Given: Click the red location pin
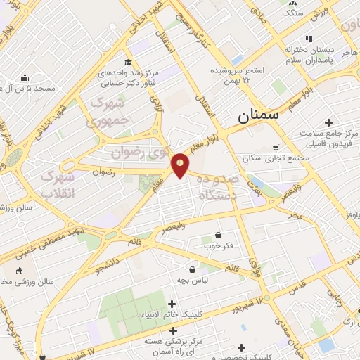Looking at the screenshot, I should (x=181, y=165).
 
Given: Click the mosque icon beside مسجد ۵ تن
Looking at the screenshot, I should (x=25, y=77).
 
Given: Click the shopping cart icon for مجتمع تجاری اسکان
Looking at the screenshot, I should (x=276, y=147).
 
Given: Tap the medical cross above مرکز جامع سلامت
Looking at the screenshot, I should (x=328, y=122).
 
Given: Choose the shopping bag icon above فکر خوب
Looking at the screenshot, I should (x=219, y=235).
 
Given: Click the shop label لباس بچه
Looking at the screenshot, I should (x=191, y=280).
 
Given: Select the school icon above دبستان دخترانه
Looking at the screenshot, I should (x=307, y=39).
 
